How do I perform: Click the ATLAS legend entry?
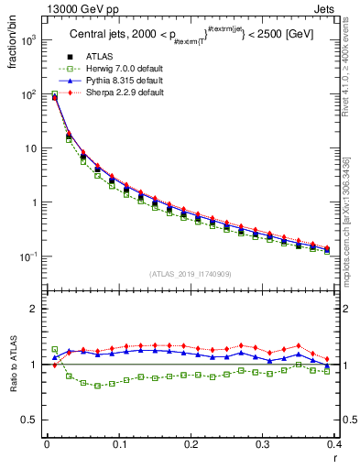(x=98, y=59)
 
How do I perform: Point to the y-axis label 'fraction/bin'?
(x=12, y=45)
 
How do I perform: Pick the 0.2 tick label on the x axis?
(x=191, y=444)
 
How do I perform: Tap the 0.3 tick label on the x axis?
(x=263, y=444)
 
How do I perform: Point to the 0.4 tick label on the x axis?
(x=334, y=444)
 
